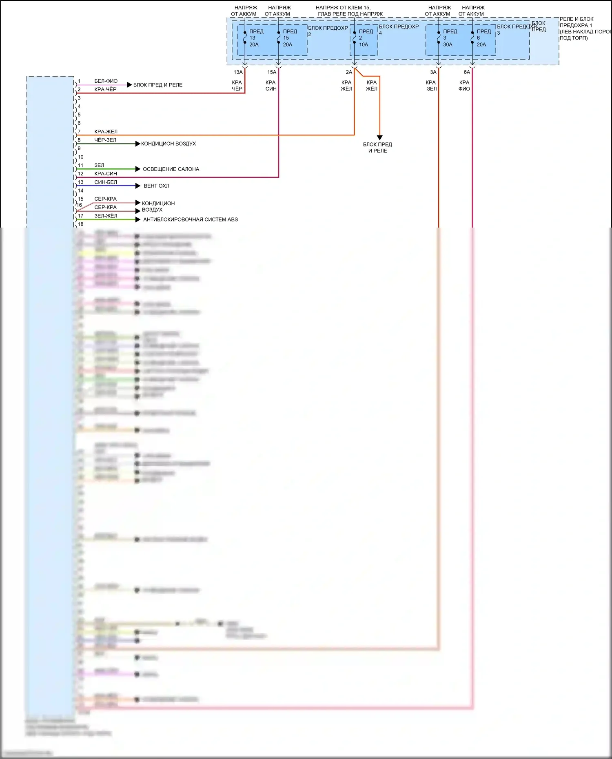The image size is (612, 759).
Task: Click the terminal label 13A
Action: tap(238, 72)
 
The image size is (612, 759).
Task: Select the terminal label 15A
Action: tap(272, 72)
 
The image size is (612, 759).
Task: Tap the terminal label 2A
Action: tap(349, 72)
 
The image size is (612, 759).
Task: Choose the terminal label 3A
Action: tap(433, 72)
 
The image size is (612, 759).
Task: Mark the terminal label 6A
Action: tap(467, 72)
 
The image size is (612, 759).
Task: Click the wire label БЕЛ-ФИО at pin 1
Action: tap(106, 81)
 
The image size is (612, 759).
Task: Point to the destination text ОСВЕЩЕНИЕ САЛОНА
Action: tap(171, 169)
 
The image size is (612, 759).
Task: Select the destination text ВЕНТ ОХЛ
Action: tap(156, 186)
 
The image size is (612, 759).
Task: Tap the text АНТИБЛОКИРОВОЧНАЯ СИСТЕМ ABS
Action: tap(191, 219)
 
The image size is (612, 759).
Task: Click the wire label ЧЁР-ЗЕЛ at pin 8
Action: tap(105, 140)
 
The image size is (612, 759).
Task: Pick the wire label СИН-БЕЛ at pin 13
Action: tap(106, 182)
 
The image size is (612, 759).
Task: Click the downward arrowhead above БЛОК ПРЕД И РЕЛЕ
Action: tap(379, 138)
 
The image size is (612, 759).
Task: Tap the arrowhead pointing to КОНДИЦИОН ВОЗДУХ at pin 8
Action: tap(138, 144)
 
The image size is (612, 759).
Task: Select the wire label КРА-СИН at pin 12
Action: tap(106, 174)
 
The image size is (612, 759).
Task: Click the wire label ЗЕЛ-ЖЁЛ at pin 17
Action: tap(106, 216)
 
